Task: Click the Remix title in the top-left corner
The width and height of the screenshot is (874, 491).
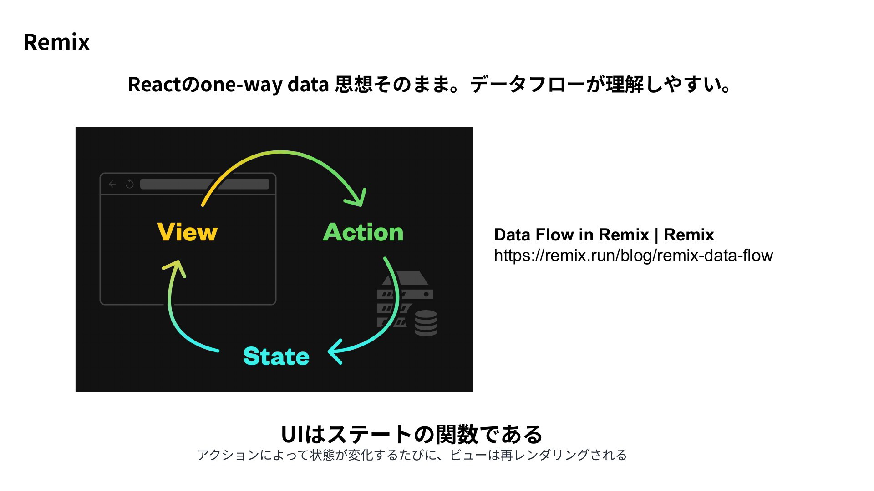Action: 56,42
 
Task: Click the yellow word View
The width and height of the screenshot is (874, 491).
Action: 187,232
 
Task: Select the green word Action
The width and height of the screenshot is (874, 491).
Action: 363,232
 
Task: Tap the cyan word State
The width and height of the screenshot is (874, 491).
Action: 276,356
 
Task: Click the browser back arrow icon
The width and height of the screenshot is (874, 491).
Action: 112,184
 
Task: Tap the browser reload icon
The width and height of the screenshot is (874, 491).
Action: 130,184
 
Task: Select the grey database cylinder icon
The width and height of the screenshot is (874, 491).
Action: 426,323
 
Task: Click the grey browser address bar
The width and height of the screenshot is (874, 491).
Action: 205,184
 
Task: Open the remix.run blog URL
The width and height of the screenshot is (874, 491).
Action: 633,256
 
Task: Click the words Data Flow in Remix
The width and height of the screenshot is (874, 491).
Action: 571,235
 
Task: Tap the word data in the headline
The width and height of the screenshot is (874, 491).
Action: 309,85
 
